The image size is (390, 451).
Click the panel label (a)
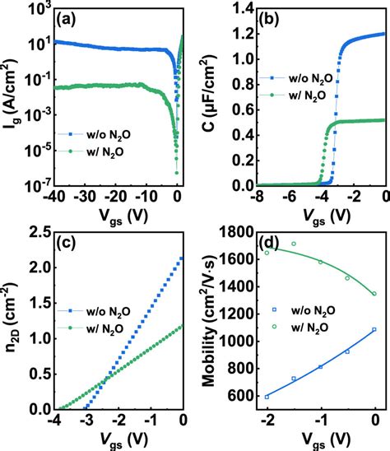65,19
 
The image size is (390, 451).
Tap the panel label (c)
66,243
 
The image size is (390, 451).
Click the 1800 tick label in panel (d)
235,233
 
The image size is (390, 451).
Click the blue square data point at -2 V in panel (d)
267,397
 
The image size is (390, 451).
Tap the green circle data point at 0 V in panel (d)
375,294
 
